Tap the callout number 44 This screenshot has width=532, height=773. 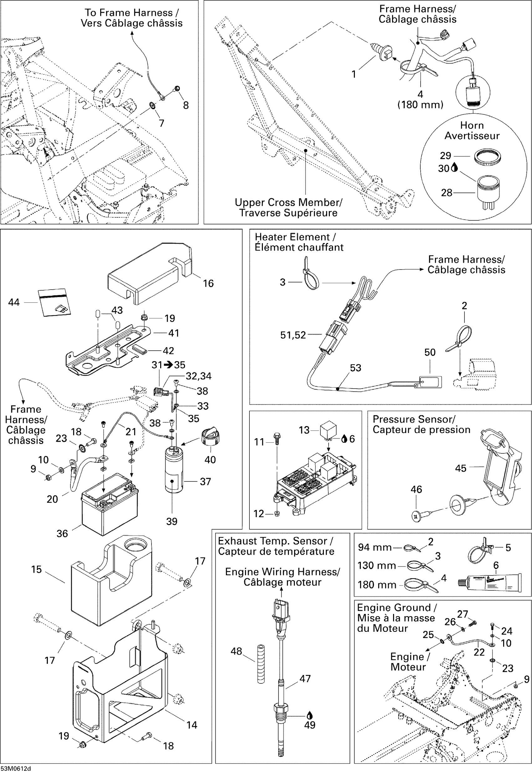[x=14, y=302]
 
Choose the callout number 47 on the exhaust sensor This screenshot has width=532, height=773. [x=305, y=679]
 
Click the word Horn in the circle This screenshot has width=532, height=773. [x=472, y=125]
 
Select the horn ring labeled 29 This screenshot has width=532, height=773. [x=487, y=157]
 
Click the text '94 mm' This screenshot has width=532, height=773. [x=375, y=547]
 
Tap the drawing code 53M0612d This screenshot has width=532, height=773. [x=16, y=769]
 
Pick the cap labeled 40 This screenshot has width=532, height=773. [x=210, y=437]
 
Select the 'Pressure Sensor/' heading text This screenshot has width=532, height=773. [x=414, y=419]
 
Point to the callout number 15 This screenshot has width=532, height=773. [x=36, y=569]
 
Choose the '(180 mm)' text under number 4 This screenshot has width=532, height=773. [x=420, y=105]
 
